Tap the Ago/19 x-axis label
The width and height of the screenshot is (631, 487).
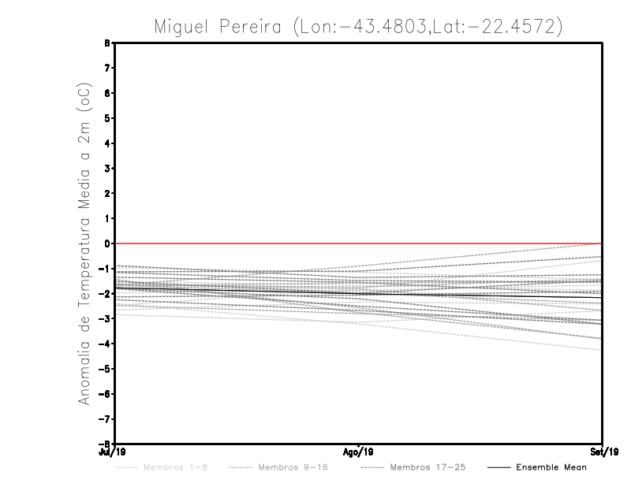(359, 452)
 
